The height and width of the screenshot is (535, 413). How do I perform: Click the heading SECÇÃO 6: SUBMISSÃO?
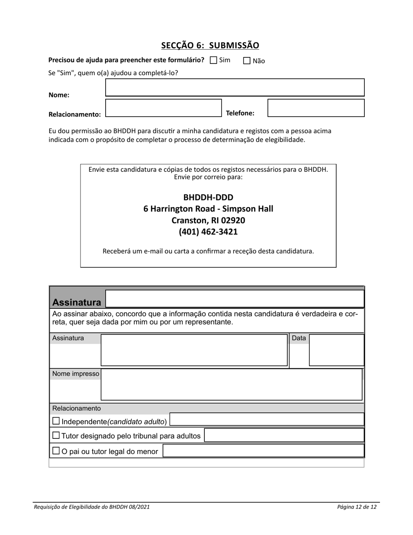coord(210,45)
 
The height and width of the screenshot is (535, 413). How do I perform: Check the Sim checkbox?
coord(213,60)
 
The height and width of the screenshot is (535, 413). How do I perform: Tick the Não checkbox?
coord(247,61)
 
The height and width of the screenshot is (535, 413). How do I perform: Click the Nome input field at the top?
coord(235,87)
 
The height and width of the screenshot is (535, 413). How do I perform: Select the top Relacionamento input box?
coord(163,108)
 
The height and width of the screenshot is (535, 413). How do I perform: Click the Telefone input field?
coord(316,108)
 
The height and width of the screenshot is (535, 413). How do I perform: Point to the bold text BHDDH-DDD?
coord(208,197)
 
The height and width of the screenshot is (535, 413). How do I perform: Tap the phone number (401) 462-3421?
coord(208,231)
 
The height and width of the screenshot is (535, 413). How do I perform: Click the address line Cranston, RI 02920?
coord(208,220)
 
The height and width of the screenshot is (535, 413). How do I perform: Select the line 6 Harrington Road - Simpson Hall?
coord(208,209)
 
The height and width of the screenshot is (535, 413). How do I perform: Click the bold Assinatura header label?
coord(77,302)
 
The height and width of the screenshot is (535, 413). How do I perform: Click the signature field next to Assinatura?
coord(194,350)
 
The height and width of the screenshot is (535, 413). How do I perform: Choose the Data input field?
coord(336,350)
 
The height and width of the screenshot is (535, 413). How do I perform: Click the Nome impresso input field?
coord(231,385)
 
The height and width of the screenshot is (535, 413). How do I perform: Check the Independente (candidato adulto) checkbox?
coord(56,421)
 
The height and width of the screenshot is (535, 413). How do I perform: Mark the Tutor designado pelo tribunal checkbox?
coord(56,435)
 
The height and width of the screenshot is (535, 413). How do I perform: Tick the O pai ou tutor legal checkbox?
coord(56,451)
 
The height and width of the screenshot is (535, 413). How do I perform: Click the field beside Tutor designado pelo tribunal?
coord(284,435)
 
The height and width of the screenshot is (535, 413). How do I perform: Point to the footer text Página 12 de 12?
coord(356,507)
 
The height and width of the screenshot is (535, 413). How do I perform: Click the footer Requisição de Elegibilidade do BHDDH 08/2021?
coord(92,507)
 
